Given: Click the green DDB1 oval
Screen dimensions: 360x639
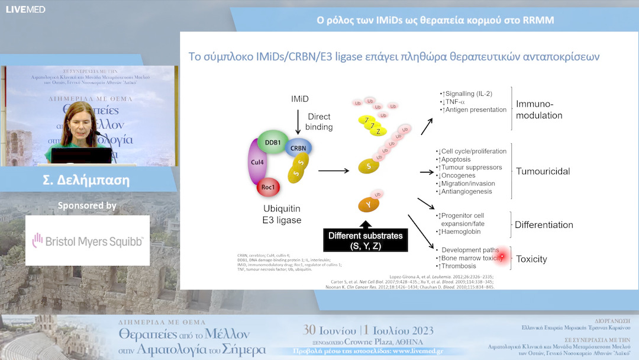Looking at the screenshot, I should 273,143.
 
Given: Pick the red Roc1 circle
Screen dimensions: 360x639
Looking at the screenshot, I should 268,188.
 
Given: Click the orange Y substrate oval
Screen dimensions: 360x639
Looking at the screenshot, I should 368,204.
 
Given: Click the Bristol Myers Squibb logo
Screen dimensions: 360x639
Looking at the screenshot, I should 88,240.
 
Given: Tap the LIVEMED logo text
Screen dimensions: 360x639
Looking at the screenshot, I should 25,9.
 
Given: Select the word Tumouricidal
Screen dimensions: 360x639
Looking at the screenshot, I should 543,171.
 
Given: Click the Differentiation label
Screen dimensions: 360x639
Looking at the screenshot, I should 544,225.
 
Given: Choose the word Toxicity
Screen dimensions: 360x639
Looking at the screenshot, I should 531,259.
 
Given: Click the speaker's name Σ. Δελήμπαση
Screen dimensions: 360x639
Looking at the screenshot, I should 86,180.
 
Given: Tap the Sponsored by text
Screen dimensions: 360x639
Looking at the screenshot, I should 87,206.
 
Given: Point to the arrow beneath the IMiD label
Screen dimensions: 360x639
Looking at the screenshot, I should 298,123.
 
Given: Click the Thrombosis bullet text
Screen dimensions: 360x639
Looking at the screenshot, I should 461,266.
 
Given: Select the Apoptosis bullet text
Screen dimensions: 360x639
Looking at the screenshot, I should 455,159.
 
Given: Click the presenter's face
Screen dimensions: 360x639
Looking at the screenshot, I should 79,118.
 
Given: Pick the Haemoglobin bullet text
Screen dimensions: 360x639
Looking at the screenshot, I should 461,232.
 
